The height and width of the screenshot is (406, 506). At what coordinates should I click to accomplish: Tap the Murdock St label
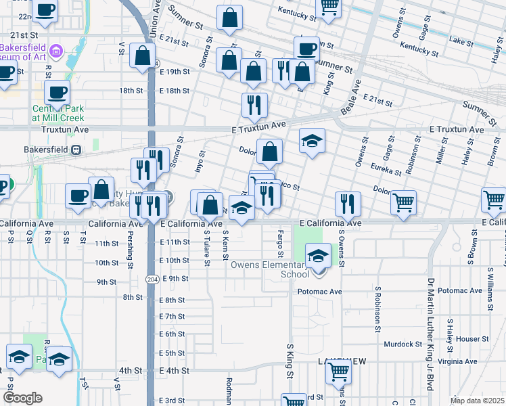click(x=403, y=344)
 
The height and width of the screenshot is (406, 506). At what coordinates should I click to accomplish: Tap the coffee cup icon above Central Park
click(x=56, y=93)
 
